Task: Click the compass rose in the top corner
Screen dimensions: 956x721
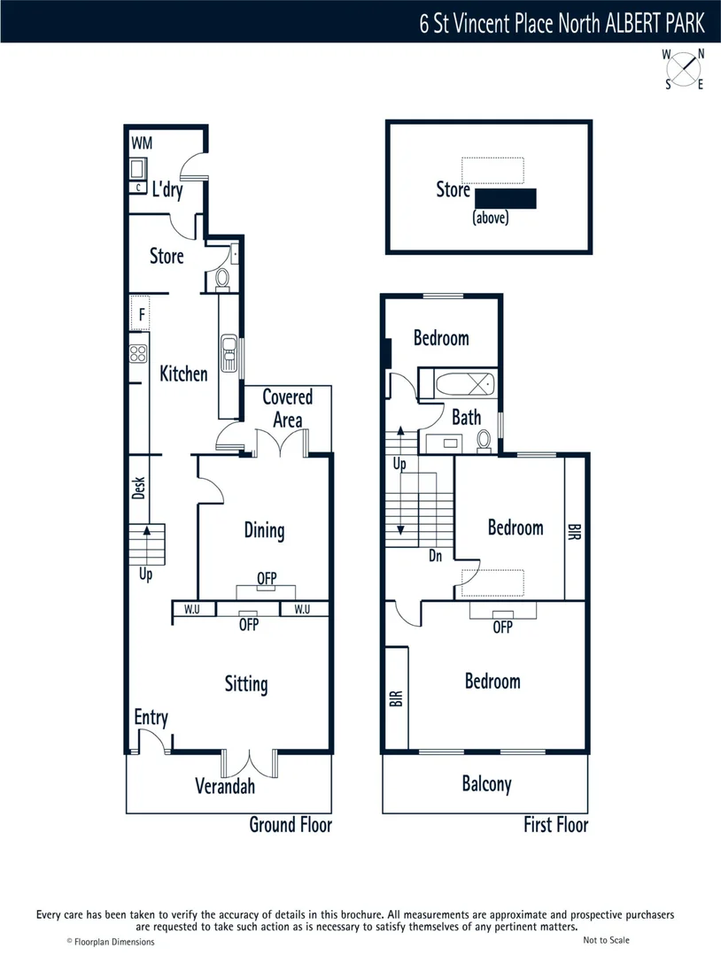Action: (x=684, y=69)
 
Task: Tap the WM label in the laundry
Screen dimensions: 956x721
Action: (x=142, y=143)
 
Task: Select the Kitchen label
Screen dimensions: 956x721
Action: (x=183, y=374)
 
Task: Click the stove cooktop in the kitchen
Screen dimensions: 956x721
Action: (x=138, y=353)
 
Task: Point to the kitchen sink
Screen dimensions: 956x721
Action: (x=229, y=352)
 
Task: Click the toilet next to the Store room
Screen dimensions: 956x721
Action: (x=222, y=278)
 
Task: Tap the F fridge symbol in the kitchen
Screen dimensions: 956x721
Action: (x=140, y=313)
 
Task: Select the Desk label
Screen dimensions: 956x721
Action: (x=138, y=488)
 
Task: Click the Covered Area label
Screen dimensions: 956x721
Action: (x=287, y=408)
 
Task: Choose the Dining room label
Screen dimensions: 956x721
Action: (x=264, y=530)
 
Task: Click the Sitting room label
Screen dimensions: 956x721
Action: (x=245, y=683)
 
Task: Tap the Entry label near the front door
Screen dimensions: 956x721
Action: (x=151, y=717)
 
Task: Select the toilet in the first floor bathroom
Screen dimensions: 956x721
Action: (x=485, y=439)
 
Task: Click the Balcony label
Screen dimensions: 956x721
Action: (x=486, y=783)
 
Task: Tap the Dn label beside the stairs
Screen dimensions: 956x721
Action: (x=435, y=557)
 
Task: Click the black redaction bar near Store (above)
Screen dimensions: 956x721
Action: (x=506, y=198)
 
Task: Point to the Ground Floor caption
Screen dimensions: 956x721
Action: (x=290, y=825)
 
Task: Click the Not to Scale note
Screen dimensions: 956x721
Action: (x=607, y=940)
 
